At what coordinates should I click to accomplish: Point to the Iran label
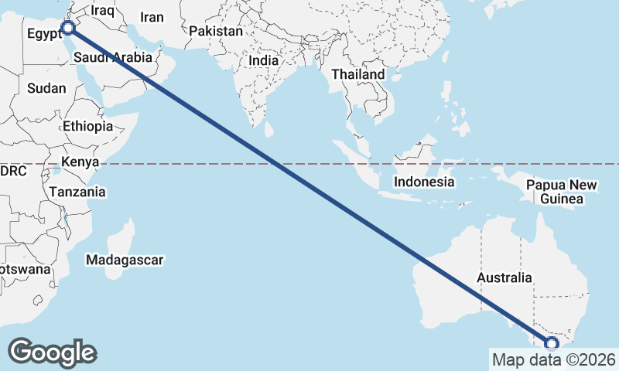(152, 17)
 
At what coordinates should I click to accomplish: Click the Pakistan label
(216, 32)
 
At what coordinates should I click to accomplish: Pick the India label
(263, 60)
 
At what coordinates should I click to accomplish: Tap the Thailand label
(357, 74)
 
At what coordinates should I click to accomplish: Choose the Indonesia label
(423, 182)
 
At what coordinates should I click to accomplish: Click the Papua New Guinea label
(562, 192)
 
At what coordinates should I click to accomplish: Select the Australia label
(504, 277)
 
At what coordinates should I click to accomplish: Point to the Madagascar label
(125, 260)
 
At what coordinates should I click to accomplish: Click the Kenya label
(80, 162)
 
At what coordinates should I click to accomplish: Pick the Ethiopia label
(88, 126)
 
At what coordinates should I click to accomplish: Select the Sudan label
(46, 88)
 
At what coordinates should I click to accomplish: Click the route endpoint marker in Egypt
(68, 28)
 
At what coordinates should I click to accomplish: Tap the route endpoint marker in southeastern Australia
(552, 344)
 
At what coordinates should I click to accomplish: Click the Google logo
(53, 352)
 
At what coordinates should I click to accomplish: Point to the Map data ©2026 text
(554, 359)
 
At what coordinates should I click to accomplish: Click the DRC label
(14, 171)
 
